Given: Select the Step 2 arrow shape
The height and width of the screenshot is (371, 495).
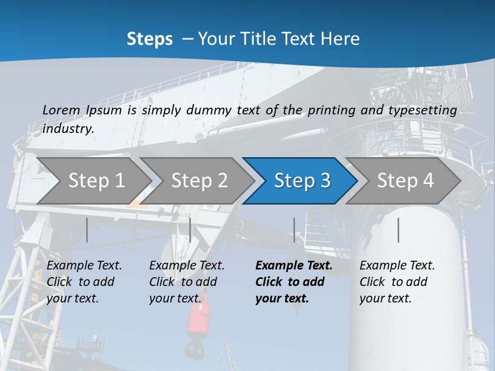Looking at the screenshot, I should pyautogui.click(x=199, y=180).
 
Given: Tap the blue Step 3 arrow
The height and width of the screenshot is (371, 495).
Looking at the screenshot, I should pyautogui.click(x=302, y=180).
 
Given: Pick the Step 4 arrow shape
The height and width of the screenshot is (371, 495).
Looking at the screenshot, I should pyautogui.click(x=405, y=180).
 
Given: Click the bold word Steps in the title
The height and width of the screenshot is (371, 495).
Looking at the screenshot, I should pyautogui.click(x=150, y=39).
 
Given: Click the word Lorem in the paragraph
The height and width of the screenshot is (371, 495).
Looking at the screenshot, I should pyautogui.click(x=61, y=110).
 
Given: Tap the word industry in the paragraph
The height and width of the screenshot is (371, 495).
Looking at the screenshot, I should pyautogui.click(x=68, y=129).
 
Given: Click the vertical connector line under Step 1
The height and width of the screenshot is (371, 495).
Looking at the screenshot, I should pyautogui.click(x=87, y=230).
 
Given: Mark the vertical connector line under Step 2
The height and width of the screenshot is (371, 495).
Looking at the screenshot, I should pyautogui.click(x=190, y=230).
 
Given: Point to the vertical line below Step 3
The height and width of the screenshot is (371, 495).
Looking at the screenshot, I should pyautogui.click(x=294, y=230).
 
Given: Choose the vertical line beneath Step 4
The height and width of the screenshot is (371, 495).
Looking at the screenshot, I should pyautogui.click(x=398, y=230).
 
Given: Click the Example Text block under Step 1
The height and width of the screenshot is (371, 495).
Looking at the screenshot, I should pyautogui.click(x=84, y=282).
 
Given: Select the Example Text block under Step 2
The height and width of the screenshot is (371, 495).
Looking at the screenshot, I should pyautogui.click(x=187, y=282).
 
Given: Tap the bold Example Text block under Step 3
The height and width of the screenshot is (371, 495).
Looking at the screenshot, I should pyautogui.click(x=294, y=282).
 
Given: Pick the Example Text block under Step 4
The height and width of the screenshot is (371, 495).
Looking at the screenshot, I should pyautogui.click(x=397, y=282).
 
